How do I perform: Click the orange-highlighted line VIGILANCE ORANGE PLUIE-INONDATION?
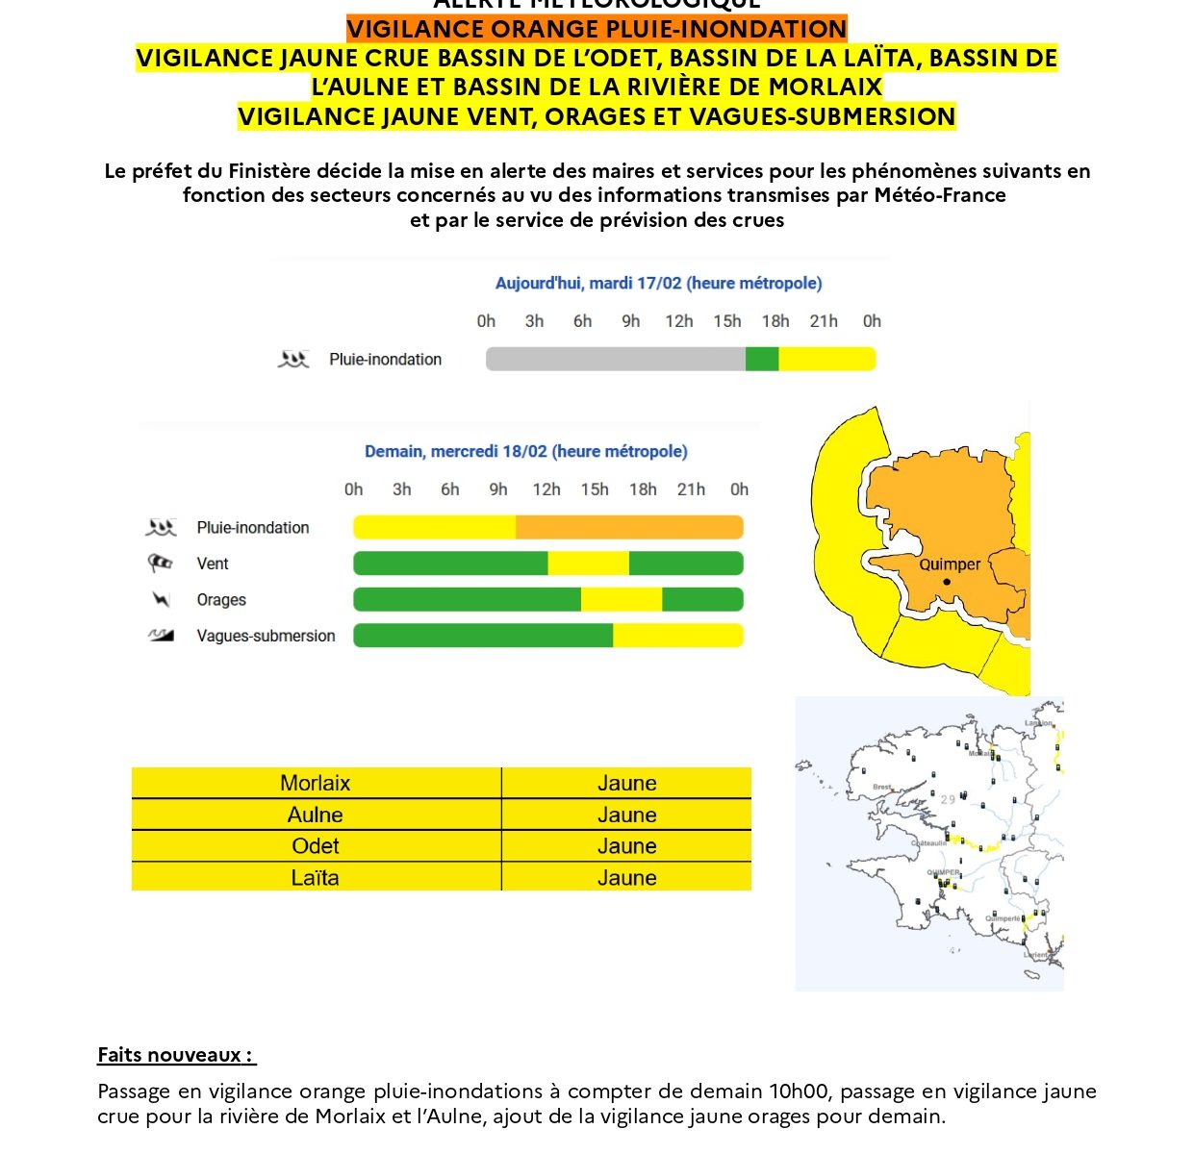click(x=597, y=30)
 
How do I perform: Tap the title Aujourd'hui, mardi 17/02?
click(x=658, y=284)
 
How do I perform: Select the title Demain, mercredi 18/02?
click(x=525, y=452)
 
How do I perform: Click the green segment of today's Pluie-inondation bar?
click(x=762, y=360)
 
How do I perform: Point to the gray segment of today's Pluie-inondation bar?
click(x=616, y=360)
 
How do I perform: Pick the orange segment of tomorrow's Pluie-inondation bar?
click(x=629, y=528)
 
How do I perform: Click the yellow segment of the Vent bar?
click(x=588, y=564)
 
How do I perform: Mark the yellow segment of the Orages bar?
click(x=621, y=600)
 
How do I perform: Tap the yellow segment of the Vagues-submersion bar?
click(x=677, y=636)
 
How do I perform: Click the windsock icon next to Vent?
click(x=161, y=564)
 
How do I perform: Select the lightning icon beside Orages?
click(x=161, y=600)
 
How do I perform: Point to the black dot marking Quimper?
click(x=947, y=582)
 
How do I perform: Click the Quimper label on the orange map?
click(x=950, y=564)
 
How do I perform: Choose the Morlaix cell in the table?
click(x=316, y=784)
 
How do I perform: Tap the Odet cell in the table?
click(x=316, y=846)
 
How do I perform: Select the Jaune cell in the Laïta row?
click(x=626, y=878)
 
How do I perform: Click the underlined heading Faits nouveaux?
click(x=175, y=1055)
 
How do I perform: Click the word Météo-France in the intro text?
click(x=939, y=195)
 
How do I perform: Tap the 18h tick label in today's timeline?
click(x=775, y=321)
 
